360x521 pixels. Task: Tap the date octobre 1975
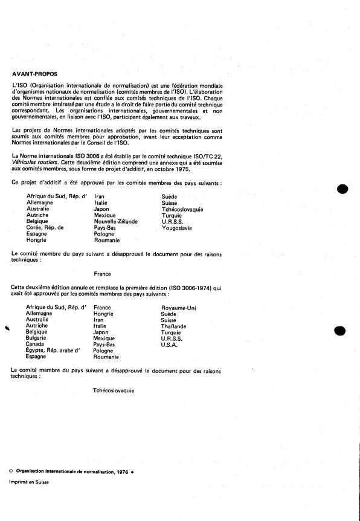coord(173,169)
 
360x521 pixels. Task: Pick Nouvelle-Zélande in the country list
coord(116,221)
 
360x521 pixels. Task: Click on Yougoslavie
coord(176,227)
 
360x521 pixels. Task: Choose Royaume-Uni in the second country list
coord(179,308)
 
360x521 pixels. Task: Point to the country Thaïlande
coord(174,326)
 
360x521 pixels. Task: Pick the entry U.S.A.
coord(170,345)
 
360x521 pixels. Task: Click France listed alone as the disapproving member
coord(103,273)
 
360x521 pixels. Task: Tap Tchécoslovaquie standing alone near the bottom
coord(114,390)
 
